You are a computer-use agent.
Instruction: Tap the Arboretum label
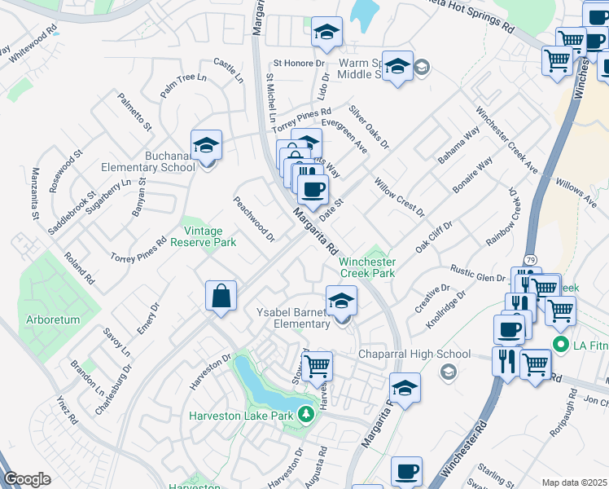coord(52,319)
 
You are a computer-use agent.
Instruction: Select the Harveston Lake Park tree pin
coord(306,415)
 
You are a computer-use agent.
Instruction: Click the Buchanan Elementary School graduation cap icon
coord(207,146)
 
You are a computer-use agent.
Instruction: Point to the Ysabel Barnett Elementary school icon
coord(342,302)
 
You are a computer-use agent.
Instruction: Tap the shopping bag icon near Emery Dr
coord(221,297)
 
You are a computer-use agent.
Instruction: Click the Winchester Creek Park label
coord(367,267)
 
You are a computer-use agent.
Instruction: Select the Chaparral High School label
coord(415,355)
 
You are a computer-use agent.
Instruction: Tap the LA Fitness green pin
coord(559,345)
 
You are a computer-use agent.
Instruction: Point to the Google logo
coord(27,479)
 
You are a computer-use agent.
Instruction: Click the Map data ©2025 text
coord(574,482)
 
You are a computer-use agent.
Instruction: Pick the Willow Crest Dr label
coord(399,196)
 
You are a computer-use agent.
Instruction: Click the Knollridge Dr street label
coord(445,309)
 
